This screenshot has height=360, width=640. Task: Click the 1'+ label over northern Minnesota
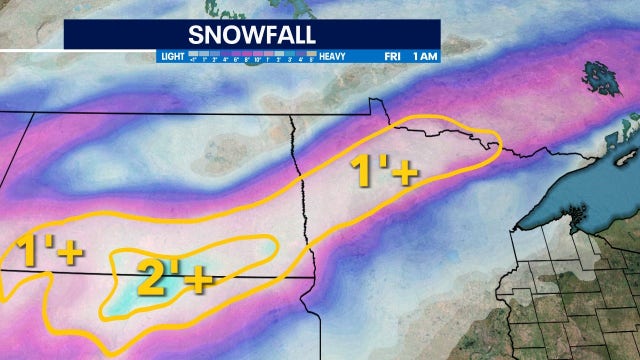tap(382, 171)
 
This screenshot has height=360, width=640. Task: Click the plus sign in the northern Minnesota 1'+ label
tap(404, 174)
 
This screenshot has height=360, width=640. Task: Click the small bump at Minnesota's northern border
tap(371, 103)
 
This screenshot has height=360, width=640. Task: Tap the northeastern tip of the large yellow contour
tap(494, 140)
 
